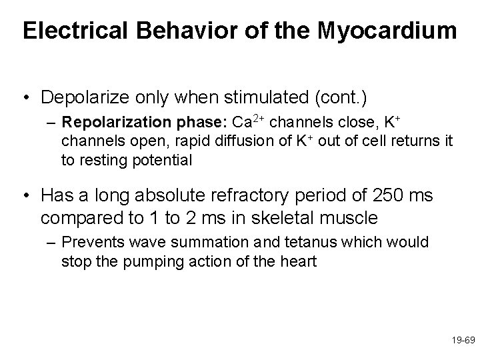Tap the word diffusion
click(x=217, y=141)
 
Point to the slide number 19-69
click(x=462, y=339)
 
